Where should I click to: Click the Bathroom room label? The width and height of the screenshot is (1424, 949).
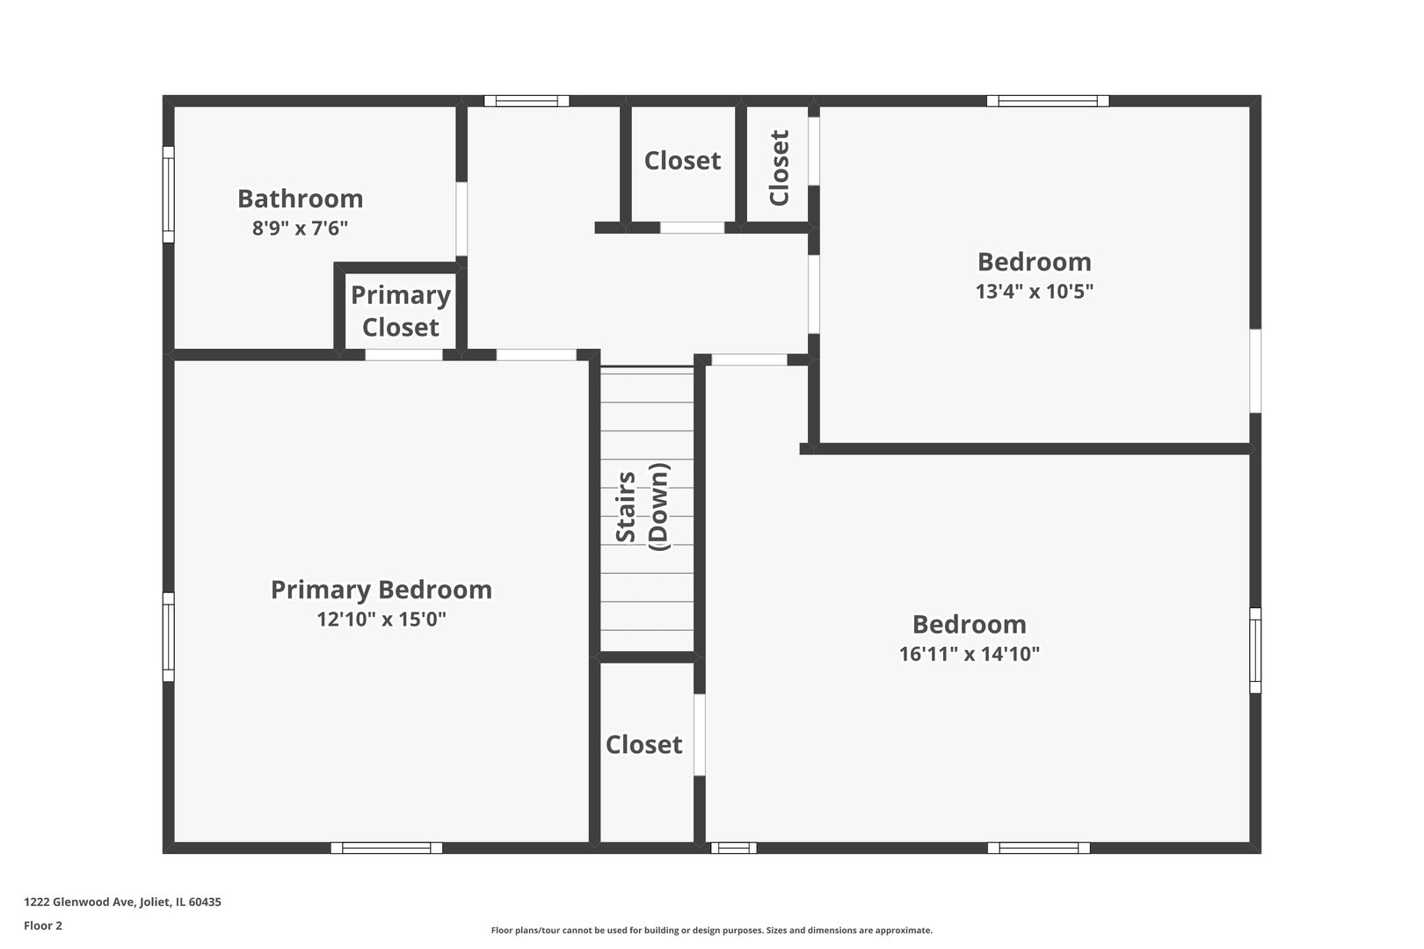coord(300,199)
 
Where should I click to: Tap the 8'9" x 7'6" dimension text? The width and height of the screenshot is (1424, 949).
coord(300,228)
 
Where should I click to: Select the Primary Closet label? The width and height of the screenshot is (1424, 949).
coord(401,311)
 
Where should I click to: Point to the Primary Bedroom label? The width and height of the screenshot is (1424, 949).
coord(381,590)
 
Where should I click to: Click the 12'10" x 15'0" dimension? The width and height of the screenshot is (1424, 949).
coord(381,619)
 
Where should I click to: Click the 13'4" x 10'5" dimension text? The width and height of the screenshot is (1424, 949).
coord(1034,292)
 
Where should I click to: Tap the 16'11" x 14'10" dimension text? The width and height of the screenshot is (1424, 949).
coord(969,655)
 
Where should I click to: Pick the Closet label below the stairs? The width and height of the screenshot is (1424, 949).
coord(643,745)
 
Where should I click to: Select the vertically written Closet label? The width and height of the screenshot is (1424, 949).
coord(779,168)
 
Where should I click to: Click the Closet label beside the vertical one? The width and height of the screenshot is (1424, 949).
coord(682,161)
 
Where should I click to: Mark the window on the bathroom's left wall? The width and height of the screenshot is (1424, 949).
coord(168,194)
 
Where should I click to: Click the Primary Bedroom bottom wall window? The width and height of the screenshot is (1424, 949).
coord(387,848)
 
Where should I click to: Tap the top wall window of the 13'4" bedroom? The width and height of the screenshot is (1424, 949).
coord(1047,101)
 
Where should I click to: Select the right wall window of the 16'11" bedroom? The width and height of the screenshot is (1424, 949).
coord(1255,650)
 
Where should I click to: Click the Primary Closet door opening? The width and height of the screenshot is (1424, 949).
coord(403,355)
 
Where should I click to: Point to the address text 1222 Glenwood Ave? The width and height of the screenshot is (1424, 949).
coord(122,902)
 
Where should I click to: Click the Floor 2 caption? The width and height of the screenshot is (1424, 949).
coord(43,925)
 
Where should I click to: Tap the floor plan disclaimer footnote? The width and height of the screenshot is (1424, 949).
coord(711,931)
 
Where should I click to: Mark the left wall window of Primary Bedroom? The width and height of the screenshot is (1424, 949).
coord(168,636)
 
